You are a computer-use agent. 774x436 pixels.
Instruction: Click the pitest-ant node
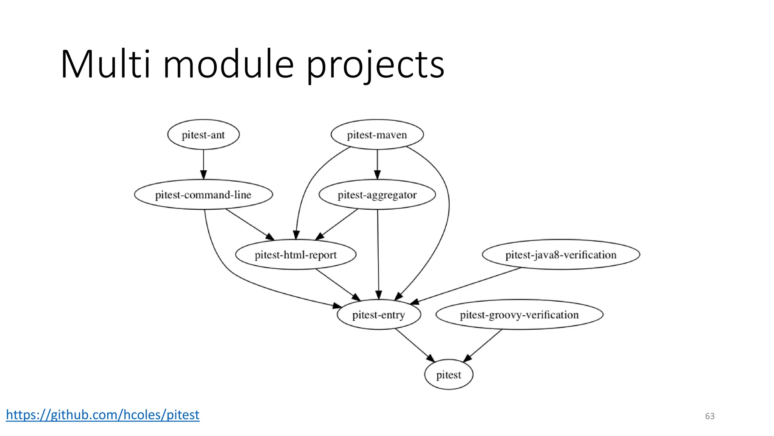click(203, 135)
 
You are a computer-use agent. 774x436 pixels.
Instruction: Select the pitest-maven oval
click(377, 135)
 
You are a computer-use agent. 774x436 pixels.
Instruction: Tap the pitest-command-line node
click(203, 195)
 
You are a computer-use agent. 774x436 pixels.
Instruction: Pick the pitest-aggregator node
click(377, 195)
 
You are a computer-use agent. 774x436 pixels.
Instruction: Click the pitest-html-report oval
click(296, 255)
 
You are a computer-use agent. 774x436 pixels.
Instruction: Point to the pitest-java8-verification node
click(561, 255)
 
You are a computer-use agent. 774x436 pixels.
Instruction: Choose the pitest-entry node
click(379, 315)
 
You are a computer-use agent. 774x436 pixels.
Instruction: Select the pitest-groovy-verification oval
click(519, 315)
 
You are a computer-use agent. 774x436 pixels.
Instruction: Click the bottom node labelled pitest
click(449, 375)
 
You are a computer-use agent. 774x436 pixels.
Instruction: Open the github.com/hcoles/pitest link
click(102, 415)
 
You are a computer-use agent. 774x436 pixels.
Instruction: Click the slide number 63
click(710, 416)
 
